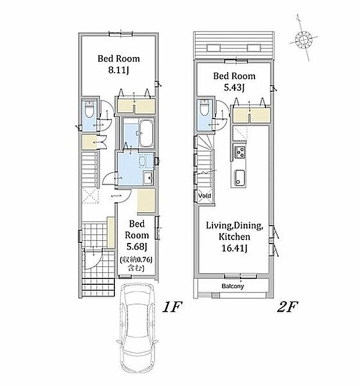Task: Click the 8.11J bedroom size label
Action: coord(118,71)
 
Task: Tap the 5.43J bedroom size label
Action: coord(234,88)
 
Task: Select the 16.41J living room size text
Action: coord(235,248)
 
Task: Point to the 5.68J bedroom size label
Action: coord(136,246)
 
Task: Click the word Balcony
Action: coord(233,286)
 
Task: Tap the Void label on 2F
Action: coord(204,196)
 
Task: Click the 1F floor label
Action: coord(172,307)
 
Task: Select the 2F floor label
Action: coord(287,307)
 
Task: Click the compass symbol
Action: coord(304,39)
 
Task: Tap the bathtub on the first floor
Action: coord(146,134)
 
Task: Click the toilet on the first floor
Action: coord(89,110)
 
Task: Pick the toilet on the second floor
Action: coord(204,108)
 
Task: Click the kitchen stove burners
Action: coord(239,152)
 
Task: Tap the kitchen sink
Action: coord(239,178)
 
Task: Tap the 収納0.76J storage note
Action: coord(136,264)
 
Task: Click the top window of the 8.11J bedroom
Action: coord(121,34)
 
